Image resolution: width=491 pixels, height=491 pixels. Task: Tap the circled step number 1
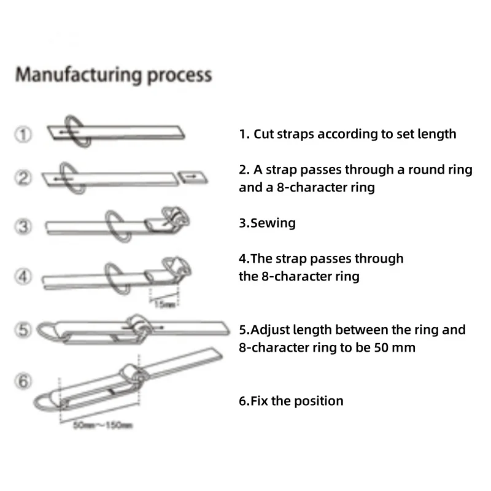(23, 134)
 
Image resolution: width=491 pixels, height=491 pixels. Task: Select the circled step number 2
(23, 179)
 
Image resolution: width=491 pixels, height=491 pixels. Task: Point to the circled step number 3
(23, 226)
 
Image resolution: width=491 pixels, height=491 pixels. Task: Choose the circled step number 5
(23, 330)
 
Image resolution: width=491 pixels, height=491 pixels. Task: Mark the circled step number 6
(23, 382)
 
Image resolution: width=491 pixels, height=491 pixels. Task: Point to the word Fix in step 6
(262, 401)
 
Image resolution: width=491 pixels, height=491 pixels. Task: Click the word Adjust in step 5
(270, 330)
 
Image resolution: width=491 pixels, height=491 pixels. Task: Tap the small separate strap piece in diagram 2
(192, 177)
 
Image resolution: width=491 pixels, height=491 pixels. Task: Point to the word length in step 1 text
(437, 134)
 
